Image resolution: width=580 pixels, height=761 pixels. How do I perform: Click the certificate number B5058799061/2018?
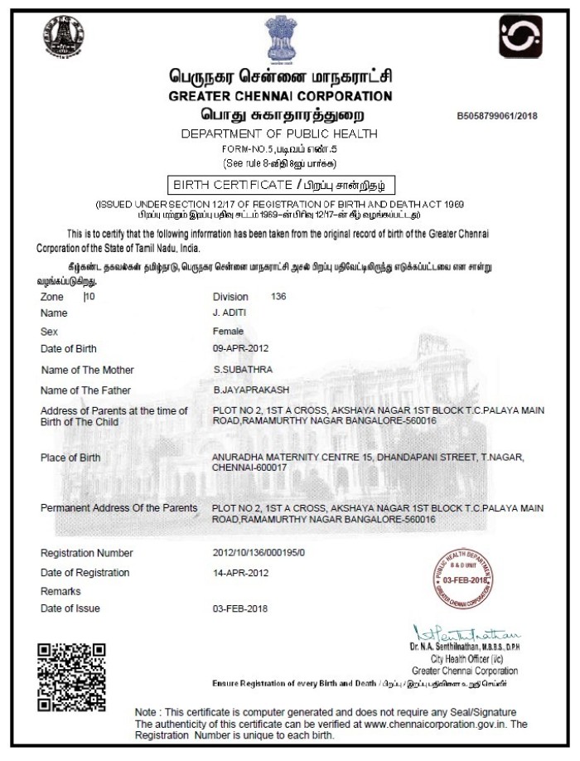click(x=496, y=116)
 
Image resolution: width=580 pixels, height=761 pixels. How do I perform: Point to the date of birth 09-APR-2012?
click(x=241, y=348)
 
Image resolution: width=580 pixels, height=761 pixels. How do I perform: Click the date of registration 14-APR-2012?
click(x=241, y=572)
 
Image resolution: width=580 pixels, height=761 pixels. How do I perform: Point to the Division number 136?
click(x=278, y=296)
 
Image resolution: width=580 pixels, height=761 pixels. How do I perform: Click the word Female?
click(x=228, y=331)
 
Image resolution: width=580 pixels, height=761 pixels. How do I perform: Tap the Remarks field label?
click(x=60, y=591)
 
